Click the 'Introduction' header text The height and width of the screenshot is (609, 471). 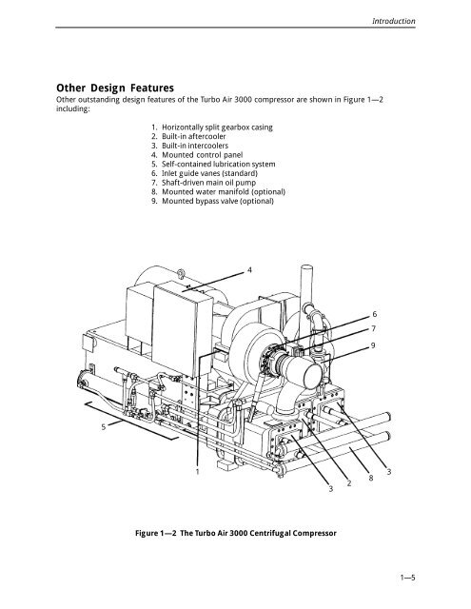coord(393,21)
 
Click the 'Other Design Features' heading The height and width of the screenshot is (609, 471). coord(115,88)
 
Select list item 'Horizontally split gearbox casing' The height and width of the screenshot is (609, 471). coord(217,127)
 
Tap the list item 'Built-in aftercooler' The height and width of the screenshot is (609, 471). coord(194,136)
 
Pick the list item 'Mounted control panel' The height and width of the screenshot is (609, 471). coord(203,155)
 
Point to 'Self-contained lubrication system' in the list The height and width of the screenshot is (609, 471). coord(219,164)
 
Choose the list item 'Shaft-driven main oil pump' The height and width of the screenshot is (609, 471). coord(209,183)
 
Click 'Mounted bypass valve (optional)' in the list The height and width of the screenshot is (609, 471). coord(218,201)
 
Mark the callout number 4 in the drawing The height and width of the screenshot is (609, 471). coord(249,269)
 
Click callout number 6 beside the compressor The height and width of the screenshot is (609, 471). coord(375,314)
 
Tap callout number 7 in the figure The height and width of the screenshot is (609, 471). coord(374,328)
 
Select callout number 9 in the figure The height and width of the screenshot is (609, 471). coord(373,345)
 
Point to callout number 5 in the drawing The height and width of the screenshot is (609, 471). coord(104,427)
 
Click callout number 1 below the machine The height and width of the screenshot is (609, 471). coord(197,472)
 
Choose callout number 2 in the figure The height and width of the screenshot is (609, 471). coord(349,483)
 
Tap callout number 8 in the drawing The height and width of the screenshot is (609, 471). coord(371,478)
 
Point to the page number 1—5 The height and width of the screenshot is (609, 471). coord(407,578)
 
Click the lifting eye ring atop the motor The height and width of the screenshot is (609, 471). coord(181,274)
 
